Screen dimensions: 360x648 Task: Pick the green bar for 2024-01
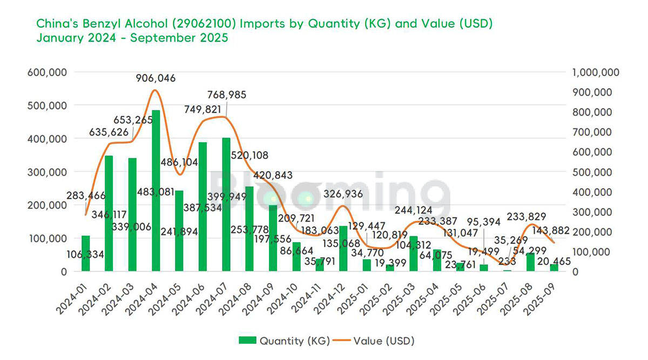[85, 254]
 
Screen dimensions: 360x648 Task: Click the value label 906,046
[154, 78]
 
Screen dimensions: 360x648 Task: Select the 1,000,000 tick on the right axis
[596, 72]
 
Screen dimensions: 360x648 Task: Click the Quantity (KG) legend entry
[282, 340]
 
